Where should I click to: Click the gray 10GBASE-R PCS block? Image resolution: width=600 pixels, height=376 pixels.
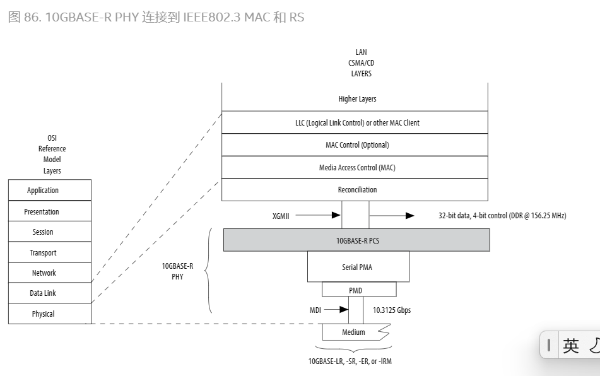[356, 240]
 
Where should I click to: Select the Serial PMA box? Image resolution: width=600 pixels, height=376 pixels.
[357, 267]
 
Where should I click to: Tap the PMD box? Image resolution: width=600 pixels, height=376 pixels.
[358, 290]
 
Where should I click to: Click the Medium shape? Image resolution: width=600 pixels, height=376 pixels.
[354, 332]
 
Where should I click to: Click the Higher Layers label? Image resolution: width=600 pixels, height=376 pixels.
[357, 99]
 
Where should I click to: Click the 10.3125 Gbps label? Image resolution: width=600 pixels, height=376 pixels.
[392, 310]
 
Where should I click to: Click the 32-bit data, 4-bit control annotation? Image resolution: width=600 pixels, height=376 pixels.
[502, 216]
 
